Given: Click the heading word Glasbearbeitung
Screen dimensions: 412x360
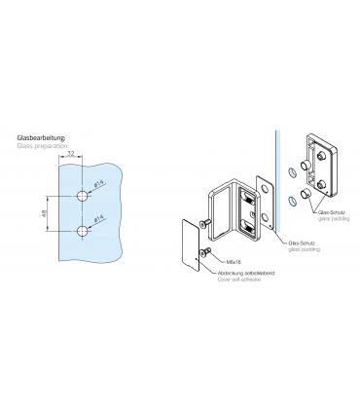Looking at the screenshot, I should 40,139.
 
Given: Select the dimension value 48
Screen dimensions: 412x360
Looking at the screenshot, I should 46,213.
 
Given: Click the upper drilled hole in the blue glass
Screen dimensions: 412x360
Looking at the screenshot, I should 82,197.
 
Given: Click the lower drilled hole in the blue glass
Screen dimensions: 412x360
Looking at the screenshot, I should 82,232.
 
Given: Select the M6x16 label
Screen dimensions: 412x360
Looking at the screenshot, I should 234,261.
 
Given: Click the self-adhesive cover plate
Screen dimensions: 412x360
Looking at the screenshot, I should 185,246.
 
